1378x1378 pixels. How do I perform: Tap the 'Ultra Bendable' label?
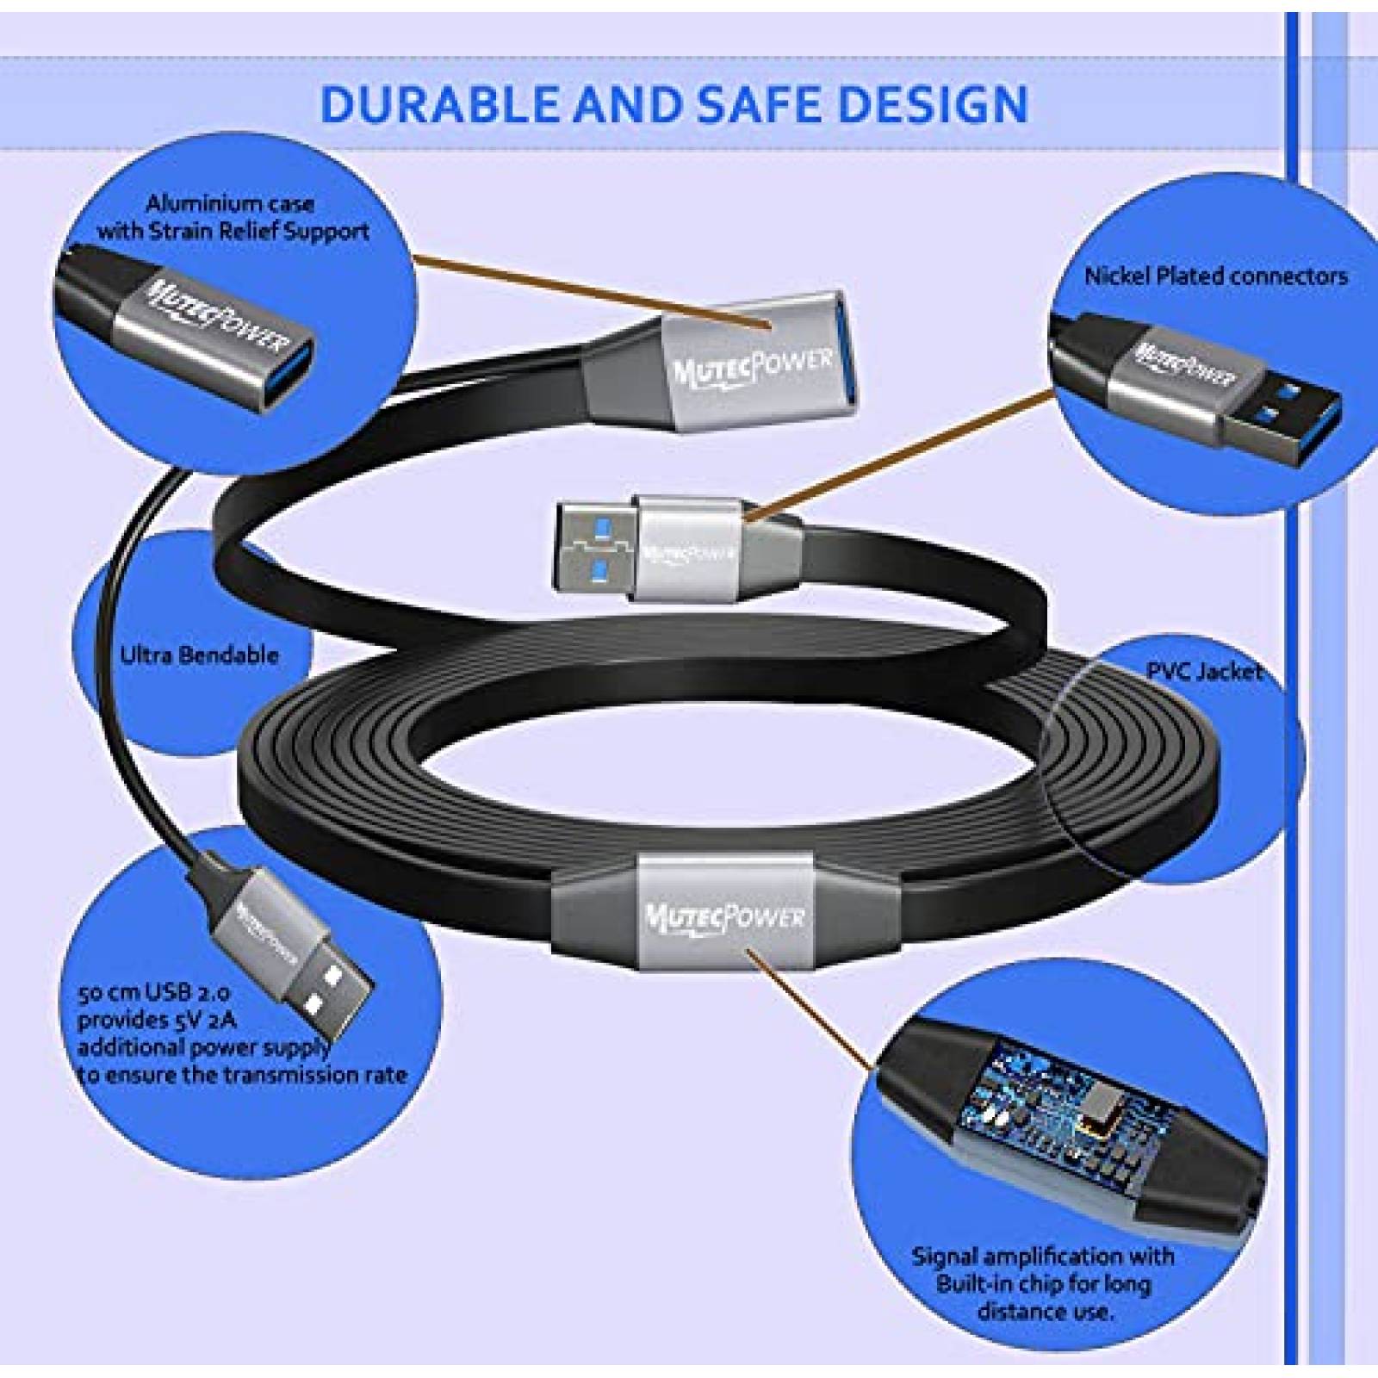coord(200,655)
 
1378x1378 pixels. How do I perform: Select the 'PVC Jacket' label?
coord(1204,671)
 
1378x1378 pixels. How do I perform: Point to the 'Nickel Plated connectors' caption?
coord(1216,276)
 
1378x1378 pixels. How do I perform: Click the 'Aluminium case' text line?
coord(229,204)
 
